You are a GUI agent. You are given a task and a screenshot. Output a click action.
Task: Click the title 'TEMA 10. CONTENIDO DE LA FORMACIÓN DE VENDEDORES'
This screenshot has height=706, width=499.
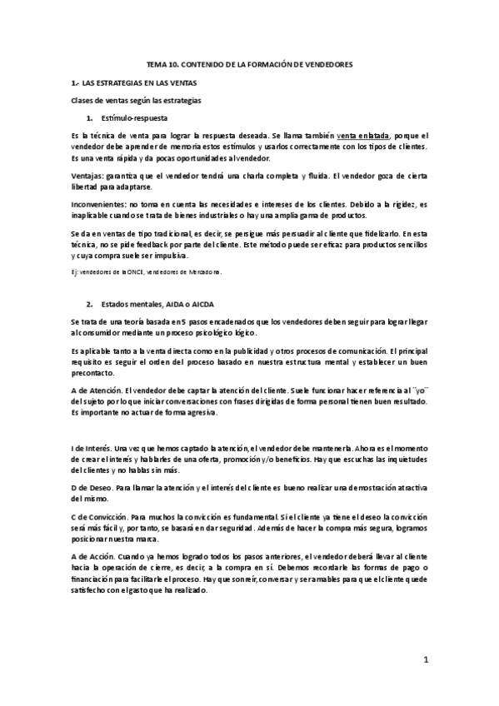[249, 64]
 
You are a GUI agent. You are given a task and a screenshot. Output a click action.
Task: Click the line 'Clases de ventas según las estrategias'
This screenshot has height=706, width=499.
[136, 101]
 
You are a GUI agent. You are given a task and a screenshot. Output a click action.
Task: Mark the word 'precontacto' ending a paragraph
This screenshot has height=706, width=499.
[97, 374]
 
